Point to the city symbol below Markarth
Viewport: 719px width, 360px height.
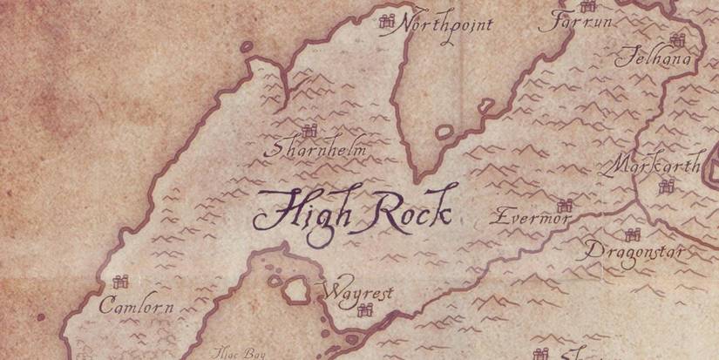pos(667,185)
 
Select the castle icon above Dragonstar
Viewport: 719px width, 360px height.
pos(633,234)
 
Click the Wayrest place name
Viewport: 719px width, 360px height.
pos(358,292)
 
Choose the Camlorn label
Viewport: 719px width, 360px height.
pos(137,306)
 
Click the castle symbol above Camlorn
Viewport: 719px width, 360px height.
pos(121,281)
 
